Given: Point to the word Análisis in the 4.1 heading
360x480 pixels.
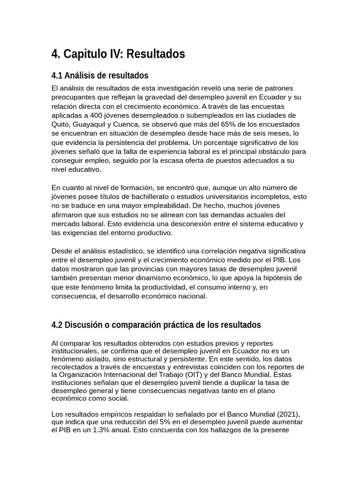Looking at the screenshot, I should point(80,75).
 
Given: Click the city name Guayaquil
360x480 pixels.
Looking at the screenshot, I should point(92,124).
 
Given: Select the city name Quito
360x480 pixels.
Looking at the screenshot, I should point(60,124).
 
